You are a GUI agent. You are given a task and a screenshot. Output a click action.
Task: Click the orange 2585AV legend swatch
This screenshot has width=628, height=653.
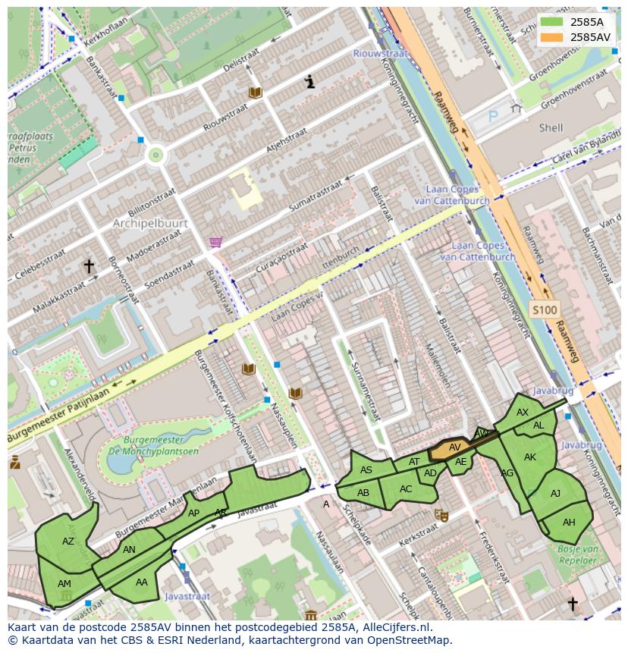click(552, 37)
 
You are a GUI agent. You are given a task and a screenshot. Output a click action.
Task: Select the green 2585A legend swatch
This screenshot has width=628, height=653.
click(552, 22)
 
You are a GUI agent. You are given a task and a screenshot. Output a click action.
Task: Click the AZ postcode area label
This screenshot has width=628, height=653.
click(68, 542)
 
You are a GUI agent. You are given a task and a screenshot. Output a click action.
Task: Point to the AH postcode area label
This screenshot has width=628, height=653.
click(569, 522)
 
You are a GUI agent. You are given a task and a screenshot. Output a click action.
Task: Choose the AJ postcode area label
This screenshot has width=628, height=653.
click(555, 494)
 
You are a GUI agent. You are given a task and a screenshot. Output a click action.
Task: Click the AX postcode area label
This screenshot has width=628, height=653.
click(523, 413)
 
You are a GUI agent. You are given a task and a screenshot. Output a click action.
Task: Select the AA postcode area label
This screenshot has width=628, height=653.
click(142, 582)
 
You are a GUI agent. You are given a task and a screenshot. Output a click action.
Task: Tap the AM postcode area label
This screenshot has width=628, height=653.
click(64, 583)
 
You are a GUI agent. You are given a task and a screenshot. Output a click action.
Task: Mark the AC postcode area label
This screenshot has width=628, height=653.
click(406, 489)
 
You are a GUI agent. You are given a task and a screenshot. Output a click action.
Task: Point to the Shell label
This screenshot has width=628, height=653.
click(551, 128)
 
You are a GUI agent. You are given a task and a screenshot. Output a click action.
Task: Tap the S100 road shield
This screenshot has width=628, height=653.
click(544, 309)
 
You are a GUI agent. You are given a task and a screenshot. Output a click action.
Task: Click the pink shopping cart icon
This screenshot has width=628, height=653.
click(216, 242)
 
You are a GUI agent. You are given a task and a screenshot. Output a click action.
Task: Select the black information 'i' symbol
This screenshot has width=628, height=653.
click(309, 82)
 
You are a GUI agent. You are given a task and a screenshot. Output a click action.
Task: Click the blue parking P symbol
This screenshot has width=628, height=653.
click(493, 117)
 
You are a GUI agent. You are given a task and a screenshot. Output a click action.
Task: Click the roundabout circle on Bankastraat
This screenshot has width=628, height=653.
click(156, 155)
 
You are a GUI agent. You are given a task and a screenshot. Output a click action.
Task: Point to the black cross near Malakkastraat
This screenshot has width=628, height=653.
click(89, 266)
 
